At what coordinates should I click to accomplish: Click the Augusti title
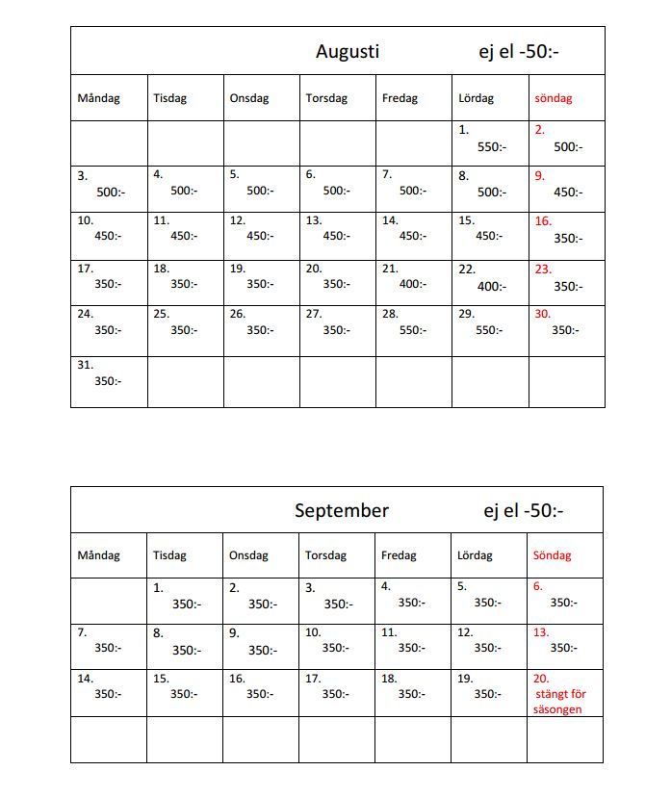pos(348,52)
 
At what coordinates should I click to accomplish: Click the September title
pos(342,511)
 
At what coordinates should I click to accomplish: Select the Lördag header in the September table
pos(475,555)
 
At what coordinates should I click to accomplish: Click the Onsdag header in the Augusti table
pos(249,98)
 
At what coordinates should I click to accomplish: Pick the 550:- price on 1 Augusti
pos(491,147)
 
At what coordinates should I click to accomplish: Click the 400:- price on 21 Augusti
pos(414,284)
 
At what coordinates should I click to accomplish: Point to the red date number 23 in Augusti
pos(543,270)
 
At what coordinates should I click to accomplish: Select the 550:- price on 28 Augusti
pos(414,330)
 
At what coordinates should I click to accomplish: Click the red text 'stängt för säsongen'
pos(559,702)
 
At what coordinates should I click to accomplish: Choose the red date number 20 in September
pos(540,679)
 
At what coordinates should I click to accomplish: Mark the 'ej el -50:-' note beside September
pos(524,511)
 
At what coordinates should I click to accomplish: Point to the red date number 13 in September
pos(541,632)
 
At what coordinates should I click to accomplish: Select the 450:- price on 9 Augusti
pos(568,192)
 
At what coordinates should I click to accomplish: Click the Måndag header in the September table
pos(98,555)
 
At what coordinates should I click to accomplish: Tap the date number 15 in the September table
pos(161,679)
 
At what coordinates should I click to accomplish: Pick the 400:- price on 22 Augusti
pos(491,286)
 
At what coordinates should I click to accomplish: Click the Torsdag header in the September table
pos(325,555)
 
